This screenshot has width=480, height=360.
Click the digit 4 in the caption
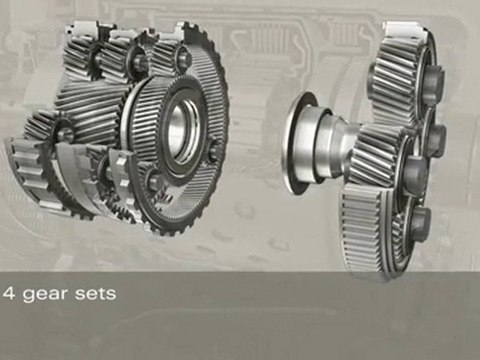9,294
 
